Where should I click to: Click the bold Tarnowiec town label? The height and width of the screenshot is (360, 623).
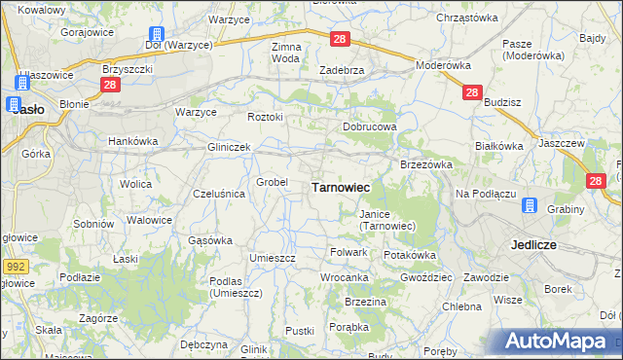point(339,187)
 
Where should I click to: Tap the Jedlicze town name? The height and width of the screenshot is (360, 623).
point(532,245)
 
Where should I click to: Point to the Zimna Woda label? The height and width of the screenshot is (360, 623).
point(286,53)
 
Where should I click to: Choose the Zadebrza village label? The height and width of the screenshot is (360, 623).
point(342,70)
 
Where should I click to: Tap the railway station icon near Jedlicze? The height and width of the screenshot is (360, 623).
point(530,205)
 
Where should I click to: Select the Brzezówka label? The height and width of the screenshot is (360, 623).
point(426,164)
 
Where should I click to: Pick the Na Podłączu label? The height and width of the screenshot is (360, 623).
point(485,194)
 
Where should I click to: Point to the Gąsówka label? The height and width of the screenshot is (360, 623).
point(209,239)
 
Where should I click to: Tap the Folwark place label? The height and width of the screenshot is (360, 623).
point(348,252)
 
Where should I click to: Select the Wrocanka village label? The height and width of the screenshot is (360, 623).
point(345,277)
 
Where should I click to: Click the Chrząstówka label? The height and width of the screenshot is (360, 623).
point(467,18)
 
